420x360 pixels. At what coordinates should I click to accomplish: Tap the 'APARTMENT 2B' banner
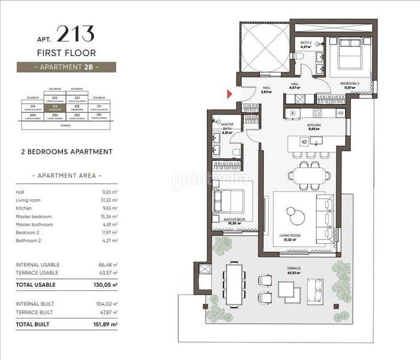(x=66, y=67)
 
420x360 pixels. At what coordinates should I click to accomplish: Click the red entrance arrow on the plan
(x=229, y=94)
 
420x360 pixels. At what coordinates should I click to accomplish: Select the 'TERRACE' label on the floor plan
(x=294, y=268)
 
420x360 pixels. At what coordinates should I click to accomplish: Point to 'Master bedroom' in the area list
(x=34, y=216)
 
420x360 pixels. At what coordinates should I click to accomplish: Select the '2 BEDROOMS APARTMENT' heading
(x=66, y=152)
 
